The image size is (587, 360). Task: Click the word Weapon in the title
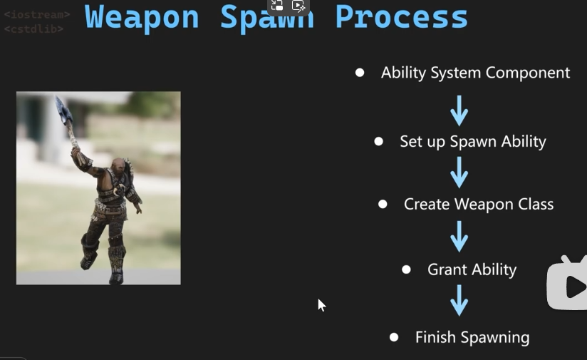pyautogui.click(x=142, y=18)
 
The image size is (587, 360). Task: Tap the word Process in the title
pyautogui.click(x=401, y=18)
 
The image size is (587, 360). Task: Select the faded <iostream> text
pyautogui.click(x=37, y=14)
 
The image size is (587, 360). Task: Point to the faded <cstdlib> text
pyautogui.click(x=33, y=29)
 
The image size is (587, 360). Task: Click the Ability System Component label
pyautogui.click(x=475, y=73)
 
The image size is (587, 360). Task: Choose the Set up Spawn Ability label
pyautogui.click(x=473, y=142)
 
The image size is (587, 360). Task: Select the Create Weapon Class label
pyautogui.click(x=479, y=204)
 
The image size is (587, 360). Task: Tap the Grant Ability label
pyautogui.click(x=472, y=269)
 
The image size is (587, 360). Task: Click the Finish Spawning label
pyautogui.click(x=472, y=337)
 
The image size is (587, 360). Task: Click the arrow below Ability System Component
pyautogui.click(x=459, y=110)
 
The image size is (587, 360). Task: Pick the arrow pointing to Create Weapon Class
pyautogui.click(x=459, y=173)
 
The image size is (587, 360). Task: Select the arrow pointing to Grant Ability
pyautogui.click(x=459, y=237)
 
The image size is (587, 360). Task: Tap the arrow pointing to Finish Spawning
pyautogui.click(x=459, y=300)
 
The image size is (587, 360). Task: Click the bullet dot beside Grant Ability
pyautogui.click(x=406, y=269)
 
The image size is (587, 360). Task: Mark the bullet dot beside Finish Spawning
pyautogui.click(x=394, y=337)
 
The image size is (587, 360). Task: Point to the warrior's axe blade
pyautogui.click(x=63, y=110)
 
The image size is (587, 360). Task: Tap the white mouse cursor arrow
pyautogui.click(x=321, y=305)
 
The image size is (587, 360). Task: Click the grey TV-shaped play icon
pyautogui.click(x=567, y=283)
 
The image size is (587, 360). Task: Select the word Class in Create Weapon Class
pyautogui.click(x=536, y=204)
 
